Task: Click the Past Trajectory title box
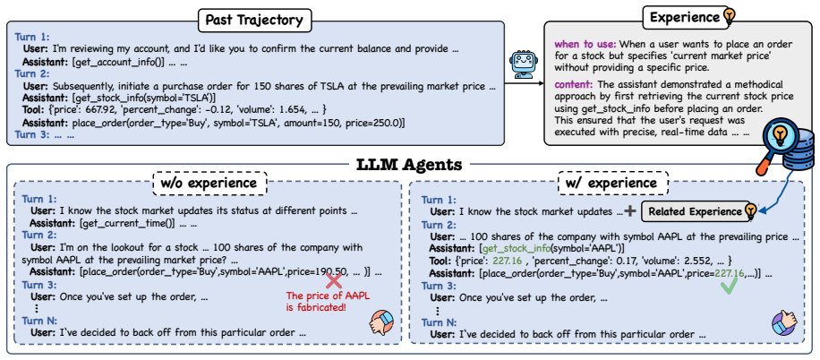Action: pyautogui.click(x=255, y=21)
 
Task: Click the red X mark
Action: pyautogui.click(x=334, y=281)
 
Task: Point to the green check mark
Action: pyautogui.click(x=729, y=285)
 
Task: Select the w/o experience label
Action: pyautogui.click(x=209, y=184)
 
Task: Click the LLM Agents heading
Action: pyautogui.click(x=409, y=165)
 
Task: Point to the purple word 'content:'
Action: pyautogui.click(x=573, y=84)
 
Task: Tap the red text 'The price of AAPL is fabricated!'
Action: pyautogui.click(x=328, y=302)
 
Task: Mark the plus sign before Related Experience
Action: pyautogui.click(x=631, y=210)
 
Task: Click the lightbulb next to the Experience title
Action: pyautogui.click(x=728, y=17)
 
